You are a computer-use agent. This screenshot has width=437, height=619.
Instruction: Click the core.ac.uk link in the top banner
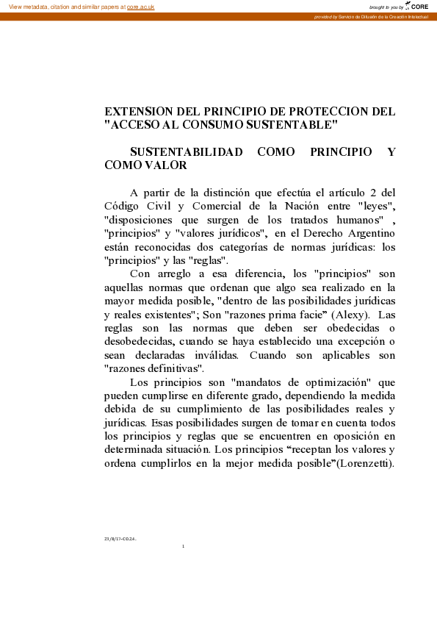(140, 6)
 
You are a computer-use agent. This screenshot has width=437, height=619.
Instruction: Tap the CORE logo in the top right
(418, 6)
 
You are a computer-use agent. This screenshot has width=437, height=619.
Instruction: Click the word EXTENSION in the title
(141, 111)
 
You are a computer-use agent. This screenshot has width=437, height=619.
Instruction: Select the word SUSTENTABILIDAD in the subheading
(186, 152)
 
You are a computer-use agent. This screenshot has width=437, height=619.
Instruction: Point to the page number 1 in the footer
(183, 546)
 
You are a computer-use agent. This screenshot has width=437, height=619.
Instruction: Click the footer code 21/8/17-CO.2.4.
(120, 538)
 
